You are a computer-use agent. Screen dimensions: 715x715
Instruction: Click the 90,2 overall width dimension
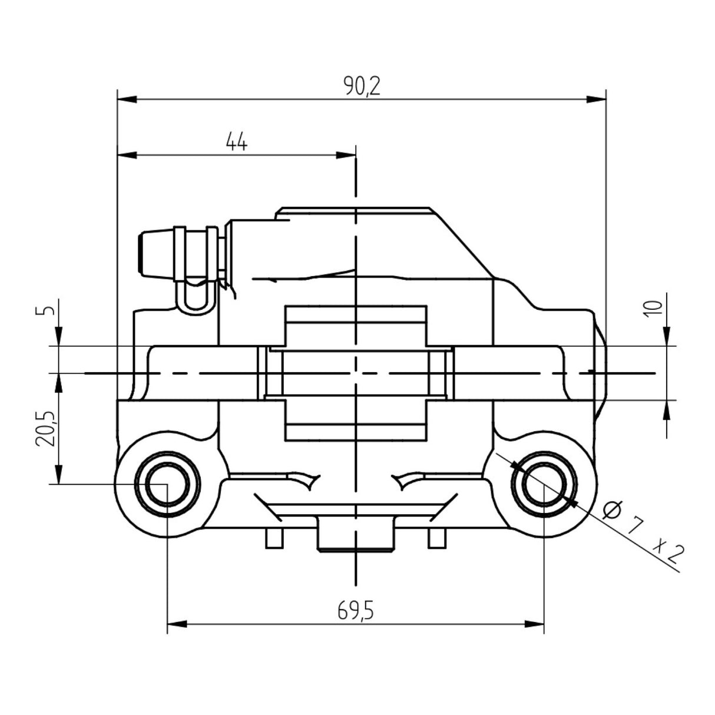point(362,87)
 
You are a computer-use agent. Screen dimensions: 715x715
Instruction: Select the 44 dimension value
point(237,143)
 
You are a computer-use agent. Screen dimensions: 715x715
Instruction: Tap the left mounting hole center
point(167,484)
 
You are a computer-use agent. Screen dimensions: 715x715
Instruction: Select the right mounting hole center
point(543,484)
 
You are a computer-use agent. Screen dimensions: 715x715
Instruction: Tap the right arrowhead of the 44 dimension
point(347,155)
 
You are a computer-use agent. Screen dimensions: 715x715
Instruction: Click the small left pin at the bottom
point(272,537)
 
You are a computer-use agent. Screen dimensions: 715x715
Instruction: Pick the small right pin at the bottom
point(436,537)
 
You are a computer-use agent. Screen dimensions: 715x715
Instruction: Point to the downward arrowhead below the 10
point(666,335)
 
